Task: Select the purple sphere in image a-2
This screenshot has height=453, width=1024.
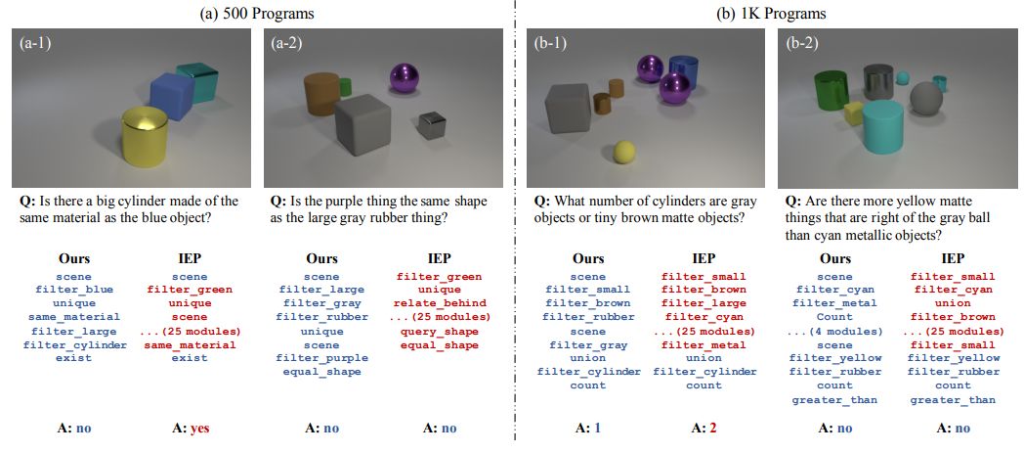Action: point(404,77)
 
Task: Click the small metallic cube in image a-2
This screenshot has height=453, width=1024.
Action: point(431,124)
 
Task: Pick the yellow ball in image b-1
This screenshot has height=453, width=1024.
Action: point(623,152)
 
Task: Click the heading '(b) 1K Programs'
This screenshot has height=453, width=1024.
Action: point(770,13)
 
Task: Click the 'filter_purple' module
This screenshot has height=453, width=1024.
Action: point(321,358)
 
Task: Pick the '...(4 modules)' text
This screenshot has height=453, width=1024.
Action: point(835,331)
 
